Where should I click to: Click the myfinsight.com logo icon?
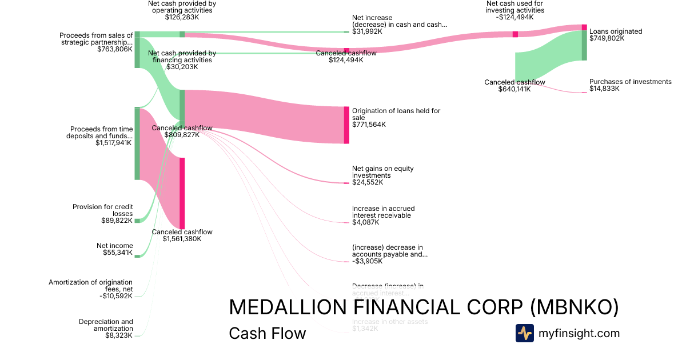[524, 333]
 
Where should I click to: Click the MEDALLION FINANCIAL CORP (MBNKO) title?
[424, 307]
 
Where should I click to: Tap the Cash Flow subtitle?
[267, 333]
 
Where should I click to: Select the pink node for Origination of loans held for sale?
[346, 125]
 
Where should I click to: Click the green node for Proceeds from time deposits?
[137, 143]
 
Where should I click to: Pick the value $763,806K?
[115, 49]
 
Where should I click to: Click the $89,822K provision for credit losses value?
[117, 221]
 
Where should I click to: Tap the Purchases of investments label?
[630, 82]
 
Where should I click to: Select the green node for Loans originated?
[584, 45]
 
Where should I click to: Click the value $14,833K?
[604, 89]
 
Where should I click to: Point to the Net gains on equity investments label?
[382, 172]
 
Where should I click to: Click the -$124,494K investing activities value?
[515, 17]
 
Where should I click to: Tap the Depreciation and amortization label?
[106, 325]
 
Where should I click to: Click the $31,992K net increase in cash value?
[367, 31]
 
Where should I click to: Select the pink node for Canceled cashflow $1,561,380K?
[182, 193]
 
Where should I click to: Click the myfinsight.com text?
[579, 333]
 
